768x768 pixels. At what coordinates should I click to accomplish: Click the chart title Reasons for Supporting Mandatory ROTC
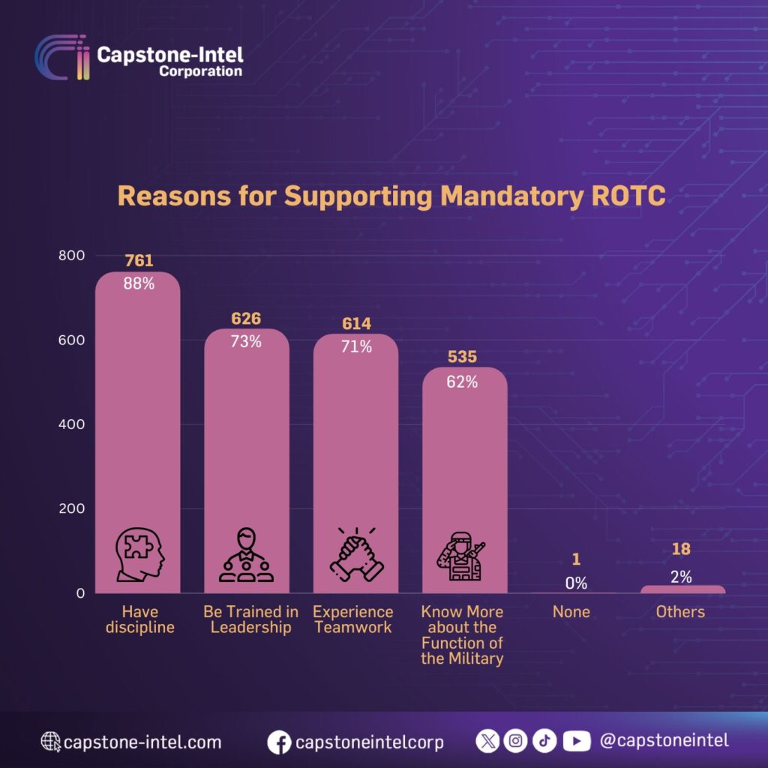(x=391, y=196)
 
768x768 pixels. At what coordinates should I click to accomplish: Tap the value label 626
(x=246, y=319)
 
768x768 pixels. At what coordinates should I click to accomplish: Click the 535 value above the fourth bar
(x=462, y=357)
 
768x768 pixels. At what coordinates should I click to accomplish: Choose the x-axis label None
(x=571, y=612)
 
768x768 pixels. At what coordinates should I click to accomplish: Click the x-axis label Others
(x=680, y=612)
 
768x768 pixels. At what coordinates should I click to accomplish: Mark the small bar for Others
(x=682, y=589)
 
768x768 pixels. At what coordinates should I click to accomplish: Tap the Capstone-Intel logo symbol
(x=63, y=58)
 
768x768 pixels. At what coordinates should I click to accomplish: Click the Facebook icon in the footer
(x=279, y=742)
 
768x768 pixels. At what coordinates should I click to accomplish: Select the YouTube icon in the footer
(x=576, y=741)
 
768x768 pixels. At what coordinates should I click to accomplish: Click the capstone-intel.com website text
(x=142, y=742)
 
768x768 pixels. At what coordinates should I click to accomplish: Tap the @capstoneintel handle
(x=664, y=741)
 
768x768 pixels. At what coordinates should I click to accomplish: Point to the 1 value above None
(x=576, y=559)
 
